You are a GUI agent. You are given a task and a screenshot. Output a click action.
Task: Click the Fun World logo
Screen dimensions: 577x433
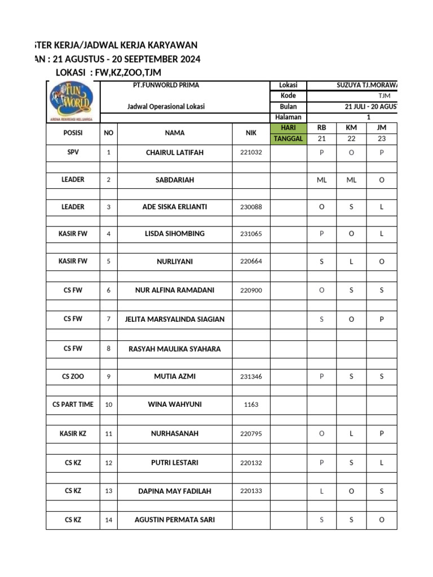point(73,100)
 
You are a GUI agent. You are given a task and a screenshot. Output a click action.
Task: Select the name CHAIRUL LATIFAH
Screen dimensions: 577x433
point(175,153)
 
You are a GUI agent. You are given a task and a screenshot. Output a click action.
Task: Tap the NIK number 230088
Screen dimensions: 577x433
point(251,207)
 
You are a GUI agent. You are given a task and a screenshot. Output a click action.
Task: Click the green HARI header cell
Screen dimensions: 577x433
point(288,128)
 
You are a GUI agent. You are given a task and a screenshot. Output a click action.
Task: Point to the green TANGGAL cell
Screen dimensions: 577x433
point(288,139)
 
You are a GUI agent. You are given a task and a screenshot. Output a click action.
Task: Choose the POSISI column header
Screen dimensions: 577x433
point(73,133)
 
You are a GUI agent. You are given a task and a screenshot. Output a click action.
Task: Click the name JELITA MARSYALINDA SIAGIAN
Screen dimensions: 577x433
point(175,319)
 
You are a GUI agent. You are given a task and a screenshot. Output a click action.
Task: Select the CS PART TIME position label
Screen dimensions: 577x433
point(73,405)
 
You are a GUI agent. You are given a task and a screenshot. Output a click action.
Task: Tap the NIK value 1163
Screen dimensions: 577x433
point(251,405)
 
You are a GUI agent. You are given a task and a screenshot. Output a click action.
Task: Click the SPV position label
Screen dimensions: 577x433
point(73,153)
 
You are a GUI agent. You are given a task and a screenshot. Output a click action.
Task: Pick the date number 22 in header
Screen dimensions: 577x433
point(351,139)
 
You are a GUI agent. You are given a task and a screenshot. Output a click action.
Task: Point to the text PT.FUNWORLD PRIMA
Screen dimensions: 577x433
point(162,86)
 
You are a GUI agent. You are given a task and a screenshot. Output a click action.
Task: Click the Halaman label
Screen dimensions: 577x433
point(288,117)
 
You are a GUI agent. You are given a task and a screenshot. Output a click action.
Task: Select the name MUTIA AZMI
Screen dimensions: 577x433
point(175,376)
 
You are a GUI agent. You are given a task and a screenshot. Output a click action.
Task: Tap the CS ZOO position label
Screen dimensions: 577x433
point(73,376)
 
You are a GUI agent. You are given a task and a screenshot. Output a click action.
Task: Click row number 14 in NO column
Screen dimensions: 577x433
point(108,520)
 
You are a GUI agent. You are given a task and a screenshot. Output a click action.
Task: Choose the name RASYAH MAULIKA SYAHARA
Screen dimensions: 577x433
point(175,349)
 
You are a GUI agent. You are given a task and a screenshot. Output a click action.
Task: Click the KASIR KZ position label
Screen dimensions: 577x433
point(73,434)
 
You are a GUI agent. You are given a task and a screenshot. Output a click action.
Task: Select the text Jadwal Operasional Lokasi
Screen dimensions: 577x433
point(166,106)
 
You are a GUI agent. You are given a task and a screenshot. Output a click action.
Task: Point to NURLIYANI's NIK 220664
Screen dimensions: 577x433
point(251,261)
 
